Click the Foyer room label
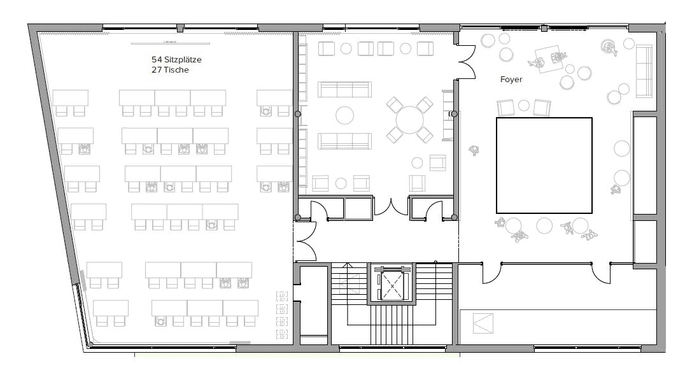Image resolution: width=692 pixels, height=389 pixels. pos(511,80)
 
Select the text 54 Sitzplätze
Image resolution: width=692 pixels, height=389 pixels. pos(176,59)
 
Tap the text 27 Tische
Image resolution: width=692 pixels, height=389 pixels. pos(170,70)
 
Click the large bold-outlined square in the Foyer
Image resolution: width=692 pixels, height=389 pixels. pos(544,166)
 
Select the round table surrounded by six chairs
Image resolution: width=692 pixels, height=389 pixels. pos(409,119)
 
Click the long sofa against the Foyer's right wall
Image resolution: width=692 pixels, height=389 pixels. pos(645,71)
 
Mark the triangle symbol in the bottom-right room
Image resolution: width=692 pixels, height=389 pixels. pos(483,324)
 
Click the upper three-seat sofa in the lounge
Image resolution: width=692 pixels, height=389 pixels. pos(344,89)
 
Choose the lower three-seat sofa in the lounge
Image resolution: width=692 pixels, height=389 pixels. pos(344,141)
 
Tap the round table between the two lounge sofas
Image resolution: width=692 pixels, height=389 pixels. pos(344,115)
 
